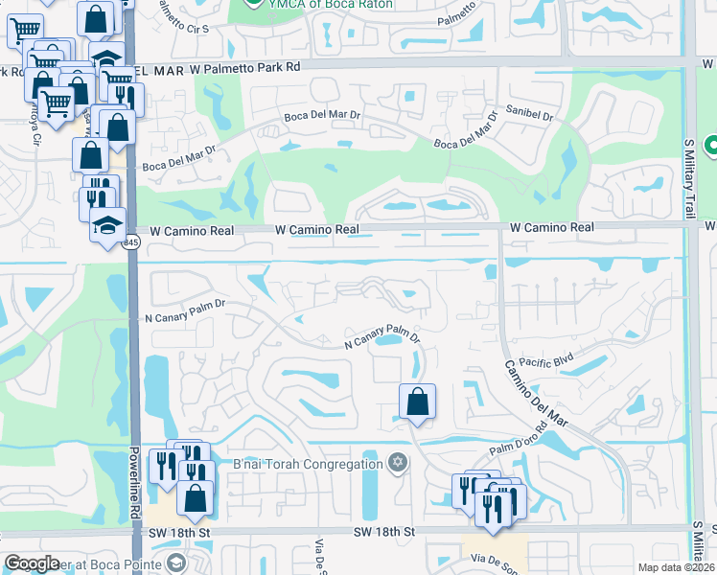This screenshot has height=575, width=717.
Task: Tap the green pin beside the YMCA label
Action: tap(253, 3)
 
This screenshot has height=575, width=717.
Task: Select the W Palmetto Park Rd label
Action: tap(244, 68)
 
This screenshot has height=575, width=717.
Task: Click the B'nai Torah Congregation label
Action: tap(308, 465)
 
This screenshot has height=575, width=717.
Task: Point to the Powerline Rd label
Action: tap(135, 484)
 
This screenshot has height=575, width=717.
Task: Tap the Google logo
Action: tap(32, 563)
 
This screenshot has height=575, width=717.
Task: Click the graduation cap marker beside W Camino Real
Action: tap(108, 226)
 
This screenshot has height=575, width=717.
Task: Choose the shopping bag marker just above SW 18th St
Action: tap(196, 497)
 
